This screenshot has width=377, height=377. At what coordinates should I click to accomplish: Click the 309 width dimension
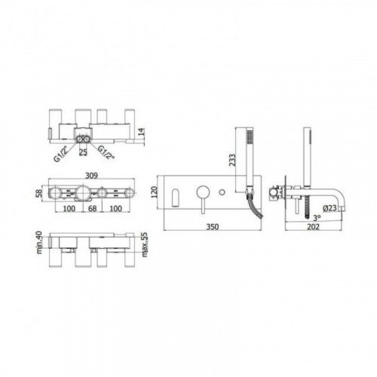pyautogui.click(x=91, y=176)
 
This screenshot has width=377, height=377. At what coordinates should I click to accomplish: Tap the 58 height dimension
pyautogui.click(x=39, y=193)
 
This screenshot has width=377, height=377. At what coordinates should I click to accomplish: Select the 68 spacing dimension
pyautogui.click(x=93, y=208)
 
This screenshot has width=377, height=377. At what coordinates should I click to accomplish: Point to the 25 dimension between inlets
pyautogui.click(x=83, y=152)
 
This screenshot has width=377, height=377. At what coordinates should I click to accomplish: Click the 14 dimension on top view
pyautogui.click(x=142, y=132)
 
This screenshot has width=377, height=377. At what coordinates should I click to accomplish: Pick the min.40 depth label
pyautogui.click(x=39, y=242)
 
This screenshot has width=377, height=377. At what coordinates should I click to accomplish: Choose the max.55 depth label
pyautogui.click(x=145, y=244)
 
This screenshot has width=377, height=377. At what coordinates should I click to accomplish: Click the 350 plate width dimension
pyautogui.click(x=213, y=227)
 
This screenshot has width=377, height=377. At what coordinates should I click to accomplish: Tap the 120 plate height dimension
pyautogui.click(x=155, y=192)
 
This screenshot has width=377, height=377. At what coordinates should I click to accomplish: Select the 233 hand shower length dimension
pyautogui.click(x=232, y=160)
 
